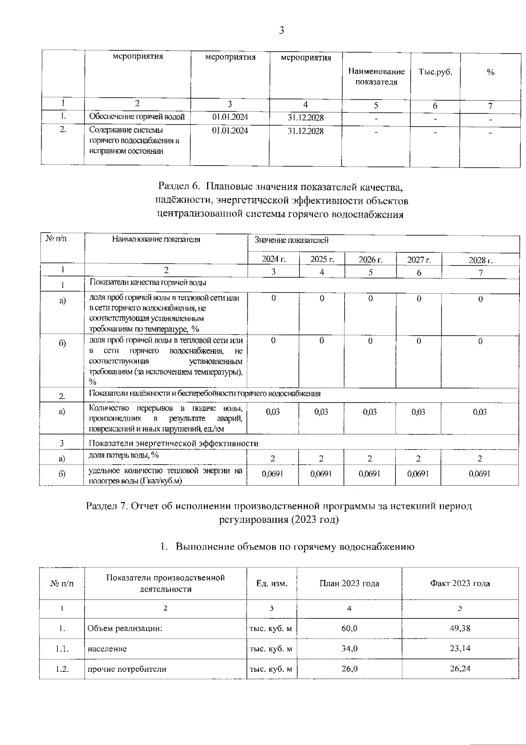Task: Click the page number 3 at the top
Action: (x=281, y=30)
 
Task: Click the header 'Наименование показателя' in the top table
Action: (x=376, y=77)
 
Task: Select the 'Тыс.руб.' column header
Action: (x=435, y=72)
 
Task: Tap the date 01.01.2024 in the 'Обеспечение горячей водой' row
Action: (x=230, y=117)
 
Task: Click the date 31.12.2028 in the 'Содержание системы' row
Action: (x=306, y=131)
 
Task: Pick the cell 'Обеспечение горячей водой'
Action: (x=137, y=117)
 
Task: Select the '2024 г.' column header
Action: (x=273, y=259)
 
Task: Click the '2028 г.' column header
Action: (x=480, y=260)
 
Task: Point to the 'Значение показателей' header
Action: (x=291, y=240)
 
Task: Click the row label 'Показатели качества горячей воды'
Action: (x=148, y=283)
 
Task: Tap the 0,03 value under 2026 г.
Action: (x=370, y=412)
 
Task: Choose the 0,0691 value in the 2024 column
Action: (x=273, y=474)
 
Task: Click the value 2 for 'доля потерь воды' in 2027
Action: (x=418, y=458)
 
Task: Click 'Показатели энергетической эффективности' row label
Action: (x=173, y=443)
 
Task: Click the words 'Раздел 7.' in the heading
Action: (x=106, y=506)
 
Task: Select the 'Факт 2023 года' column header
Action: (x=460, y=583)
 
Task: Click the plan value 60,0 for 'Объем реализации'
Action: (x=349, y=628)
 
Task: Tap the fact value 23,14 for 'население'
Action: (x=460, y=649)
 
